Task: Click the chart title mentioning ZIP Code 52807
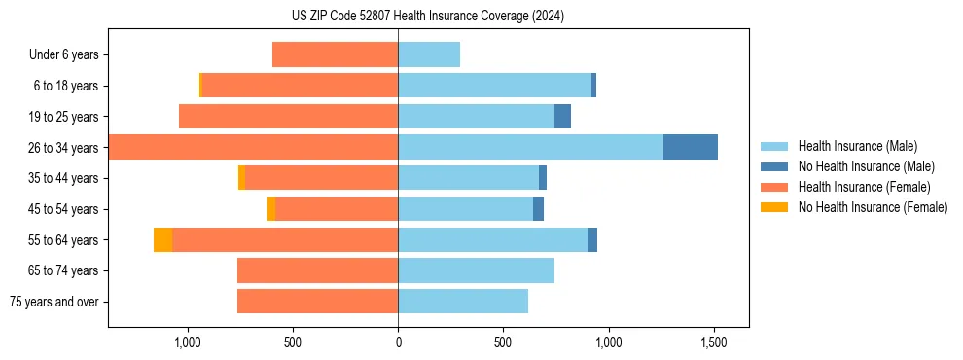[x=427, y=16]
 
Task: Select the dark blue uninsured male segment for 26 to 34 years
[x=691, y=147]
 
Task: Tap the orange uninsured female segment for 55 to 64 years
[x=162, y=239]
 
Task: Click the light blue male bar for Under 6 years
[x=429, y=54]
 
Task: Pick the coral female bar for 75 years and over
[x=317, y=302]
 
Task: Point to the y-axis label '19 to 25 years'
[x=65, y=117]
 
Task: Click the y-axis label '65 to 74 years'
[x=65, y=270]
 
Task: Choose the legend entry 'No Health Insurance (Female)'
[x=873, y=207]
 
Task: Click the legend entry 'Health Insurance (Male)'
[x=857, y=146]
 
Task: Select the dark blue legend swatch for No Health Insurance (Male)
[x=774, y=166]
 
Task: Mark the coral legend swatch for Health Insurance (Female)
[x=774, y=187]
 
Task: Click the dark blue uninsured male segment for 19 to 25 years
[x=562, y=117]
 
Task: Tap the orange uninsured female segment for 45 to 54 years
[x=270, y=209]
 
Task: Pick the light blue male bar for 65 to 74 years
[x=476, y=270]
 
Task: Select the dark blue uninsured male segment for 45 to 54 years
[x=538, y=209]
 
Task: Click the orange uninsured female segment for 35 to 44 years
[x=241, y=178]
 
